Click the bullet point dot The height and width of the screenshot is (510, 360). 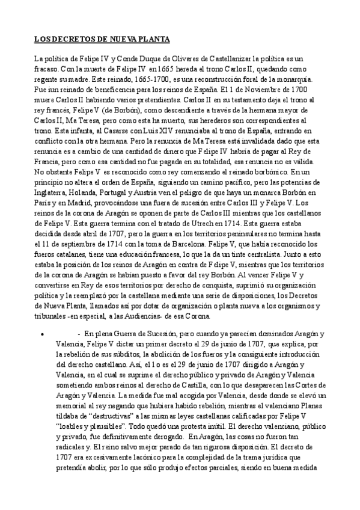coord(40,333)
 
